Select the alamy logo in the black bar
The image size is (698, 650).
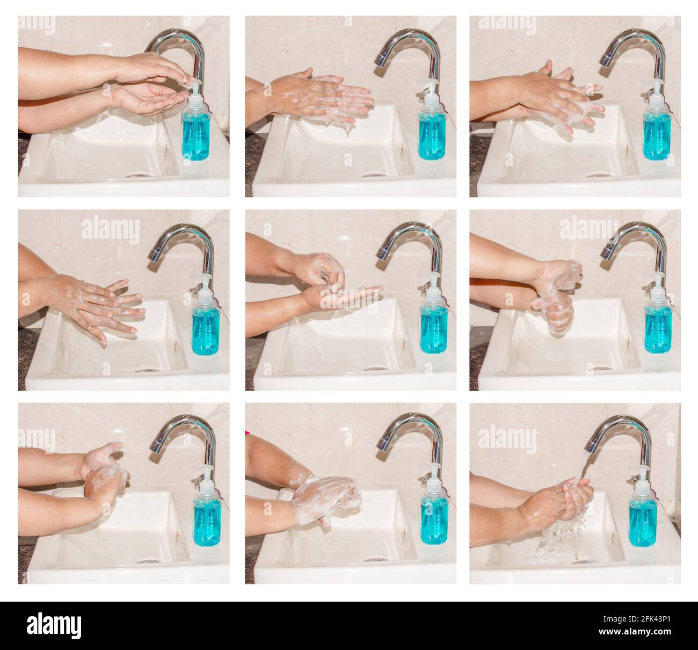coord(54,626)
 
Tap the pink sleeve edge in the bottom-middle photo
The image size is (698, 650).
coord(248,432)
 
